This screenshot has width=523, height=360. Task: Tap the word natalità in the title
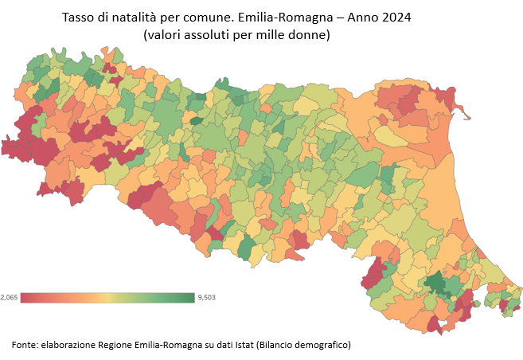click(138, 18)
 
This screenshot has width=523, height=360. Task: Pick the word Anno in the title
click(362, 18)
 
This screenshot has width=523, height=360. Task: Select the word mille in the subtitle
click(275, 36)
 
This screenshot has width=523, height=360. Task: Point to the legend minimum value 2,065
click(9, 297)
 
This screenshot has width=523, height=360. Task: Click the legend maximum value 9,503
click(205, 297)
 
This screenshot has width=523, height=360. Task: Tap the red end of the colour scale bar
click(25, 297)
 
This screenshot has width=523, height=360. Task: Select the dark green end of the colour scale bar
click(189, 297)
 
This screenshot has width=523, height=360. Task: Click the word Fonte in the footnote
click(26, 345)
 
